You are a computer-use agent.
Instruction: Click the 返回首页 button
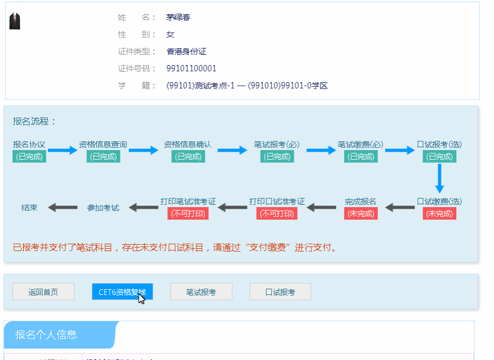coord(43,292)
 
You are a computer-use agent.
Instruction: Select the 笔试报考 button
coord(201,292)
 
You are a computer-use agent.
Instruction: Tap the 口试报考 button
coord(280,292)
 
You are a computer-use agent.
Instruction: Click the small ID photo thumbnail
coord(15,21)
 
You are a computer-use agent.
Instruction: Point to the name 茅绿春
coord(178,17)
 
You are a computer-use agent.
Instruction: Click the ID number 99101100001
coord(191,68)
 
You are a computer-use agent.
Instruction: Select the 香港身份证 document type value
coord(186,51)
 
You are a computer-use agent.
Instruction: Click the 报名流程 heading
coord(35,122)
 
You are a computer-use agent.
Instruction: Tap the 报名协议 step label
coord(29,144)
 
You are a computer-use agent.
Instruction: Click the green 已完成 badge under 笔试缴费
coord(361,157)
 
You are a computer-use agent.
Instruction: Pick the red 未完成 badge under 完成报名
coord(361,214)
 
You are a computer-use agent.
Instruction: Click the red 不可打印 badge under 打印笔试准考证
coord(188,214)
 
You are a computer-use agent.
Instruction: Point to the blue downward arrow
coord(439,179)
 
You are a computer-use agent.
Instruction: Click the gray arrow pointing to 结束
coord(62,208)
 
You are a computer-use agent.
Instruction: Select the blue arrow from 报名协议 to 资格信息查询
coord(62,151)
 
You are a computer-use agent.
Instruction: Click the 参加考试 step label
coord(103,208)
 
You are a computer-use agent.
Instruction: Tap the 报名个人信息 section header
coord(46,335)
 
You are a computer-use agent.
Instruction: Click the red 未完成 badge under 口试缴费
coord(439,214)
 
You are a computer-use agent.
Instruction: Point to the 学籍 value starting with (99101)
coord(247,86)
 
